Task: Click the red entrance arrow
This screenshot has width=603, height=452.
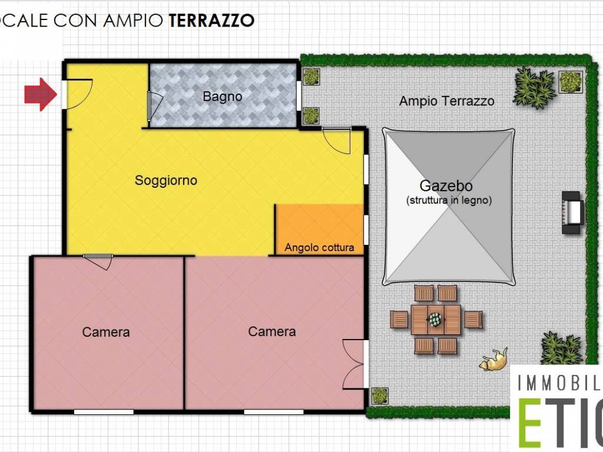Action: [x=41, y=94]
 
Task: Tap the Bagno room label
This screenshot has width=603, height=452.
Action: [x=222, y=97]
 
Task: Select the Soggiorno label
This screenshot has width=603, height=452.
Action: [x=165, y=180]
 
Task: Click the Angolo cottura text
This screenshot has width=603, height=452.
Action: [x=319, y=248]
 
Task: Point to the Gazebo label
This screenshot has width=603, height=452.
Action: [x=446, y=186]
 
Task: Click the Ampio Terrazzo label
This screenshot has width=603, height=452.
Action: [x=446, y=101]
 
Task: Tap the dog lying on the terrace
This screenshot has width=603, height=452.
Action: [x=493, y=360]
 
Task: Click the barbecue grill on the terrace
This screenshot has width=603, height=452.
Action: [x=572, y=212]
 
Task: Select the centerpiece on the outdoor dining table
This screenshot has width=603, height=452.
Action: [x=435, y=318]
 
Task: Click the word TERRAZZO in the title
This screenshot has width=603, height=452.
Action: [x=211, y=21]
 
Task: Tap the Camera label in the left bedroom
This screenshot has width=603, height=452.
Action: [x=106, y=332]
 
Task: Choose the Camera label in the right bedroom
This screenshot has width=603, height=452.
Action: [x=272, y=331]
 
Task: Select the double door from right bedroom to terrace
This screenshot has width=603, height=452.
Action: [x=353, y=364]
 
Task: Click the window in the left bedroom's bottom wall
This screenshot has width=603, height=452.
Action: [x=104, y=412]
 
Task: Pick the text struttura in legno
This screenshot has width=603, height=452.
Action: [x=449, y=200]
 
